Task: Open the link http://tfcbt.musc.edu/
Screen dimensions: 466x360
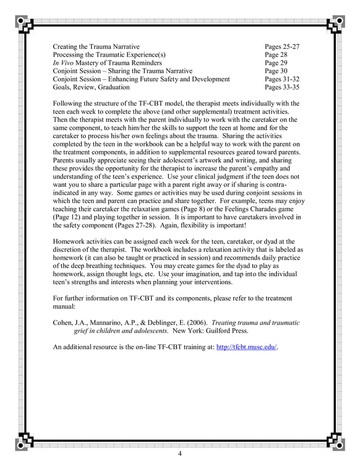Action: (x=247, y=347)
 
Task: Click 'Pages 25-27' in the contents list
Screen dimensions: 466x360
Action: (x=282, y=46)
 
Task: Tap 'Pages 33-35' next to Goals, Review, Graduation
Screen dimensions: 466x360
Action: (x=282, y=87)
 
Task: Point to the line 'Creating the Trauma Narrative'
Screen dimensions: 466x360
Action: (x=96, y=46)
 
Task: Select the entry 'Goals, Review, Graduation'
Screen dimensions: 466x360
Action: (x=90, y=87)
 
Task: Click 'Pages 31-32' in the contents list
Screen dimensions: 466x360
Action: (x=282, y=79)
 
